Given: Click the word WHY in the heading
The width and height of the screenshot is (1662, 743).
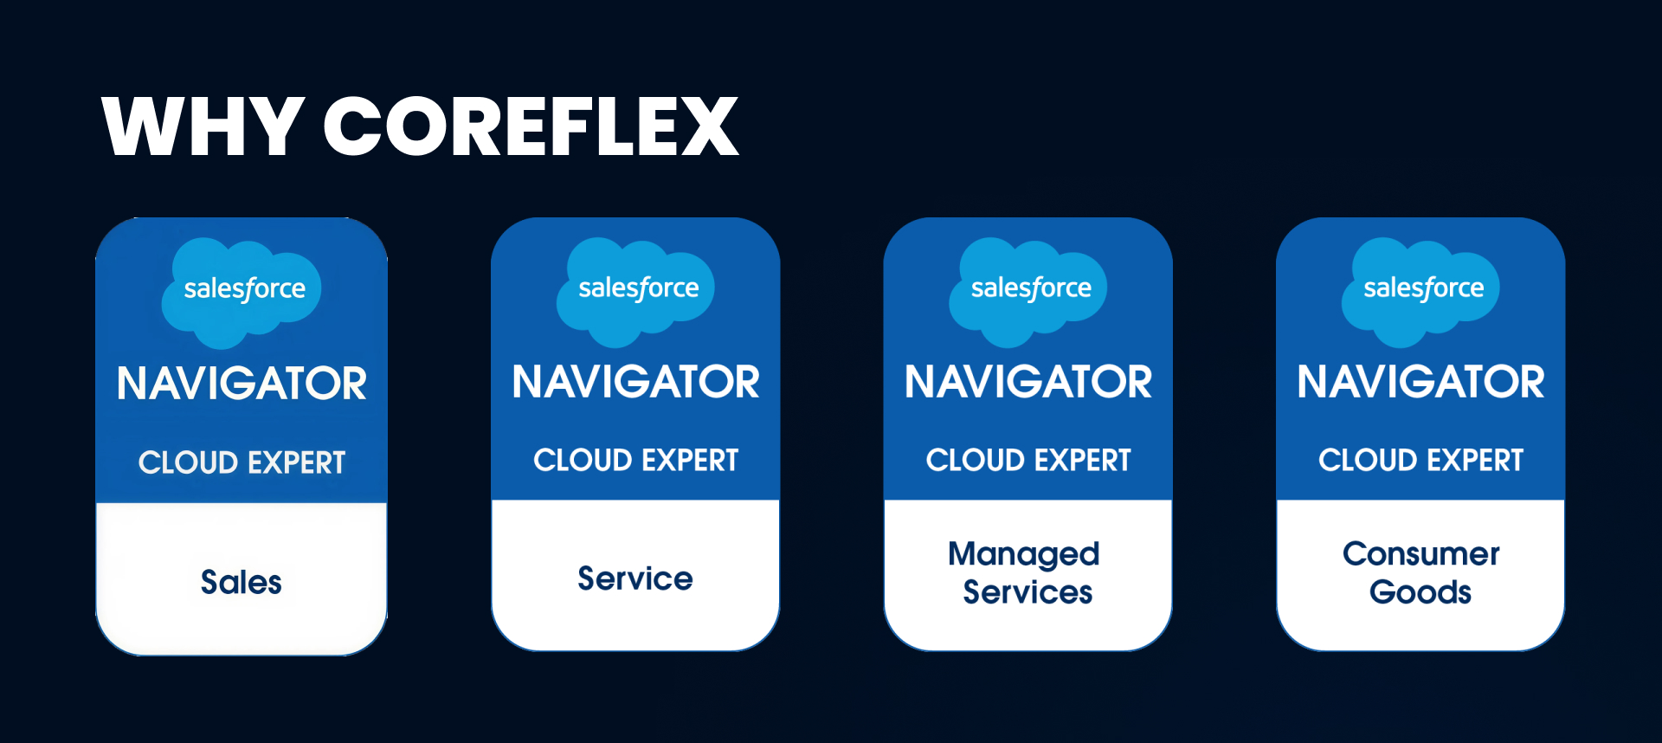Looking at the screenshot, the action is tap(203, 126).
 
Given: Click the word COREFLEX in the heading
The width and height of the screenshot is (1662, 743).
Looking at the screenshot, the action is tap(531, 126).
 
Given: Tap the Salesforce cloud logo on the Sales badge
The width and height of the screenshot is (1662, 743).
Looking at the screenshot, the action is tap(242, 293).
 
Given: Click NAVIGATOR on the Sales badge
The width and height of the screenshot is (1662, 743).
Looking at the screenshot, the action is tap(242, 384).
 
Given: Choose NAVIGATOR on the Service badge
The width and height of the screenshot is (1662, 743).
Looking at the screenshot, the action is tap(635, 382).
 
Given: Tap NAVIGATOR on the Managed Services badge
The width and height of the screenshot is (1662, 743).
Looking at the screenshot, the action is tap(1028, 382).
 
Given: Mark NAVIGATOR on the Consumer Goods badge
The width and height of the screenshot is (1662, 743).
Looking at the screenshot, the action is tap(1420, 382).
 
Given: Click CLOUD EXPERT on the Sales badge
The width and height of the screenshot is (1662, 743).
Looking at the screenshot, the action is tap(242, 462).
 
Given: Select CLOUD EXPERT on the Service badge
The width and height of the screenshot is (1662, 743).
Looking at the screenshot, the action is tap(635, 460).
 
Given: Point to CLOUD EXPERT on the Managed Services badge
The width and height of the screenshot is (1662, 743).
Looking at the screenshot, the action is tap(1028, 460).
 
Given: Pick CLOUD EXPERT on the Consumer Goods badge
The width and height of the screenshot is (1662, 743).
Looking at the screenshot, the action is tap(1420, 460).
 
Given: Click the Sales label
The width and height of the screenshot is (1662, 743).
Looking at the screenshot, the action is tap(242, 582).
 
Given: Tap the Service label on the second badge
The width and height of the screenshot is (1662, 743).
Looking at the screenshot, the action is tap(635, 578).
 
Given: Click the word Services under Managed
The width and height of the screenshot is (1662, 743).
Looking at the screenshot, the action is tap(1028, 592).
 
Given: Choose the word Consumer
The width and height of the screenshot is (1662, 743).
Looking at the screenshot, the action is tap(1420, 553).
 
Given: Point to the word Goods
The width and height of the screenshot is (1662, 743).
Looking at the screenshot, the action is tap(1420, 592).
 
